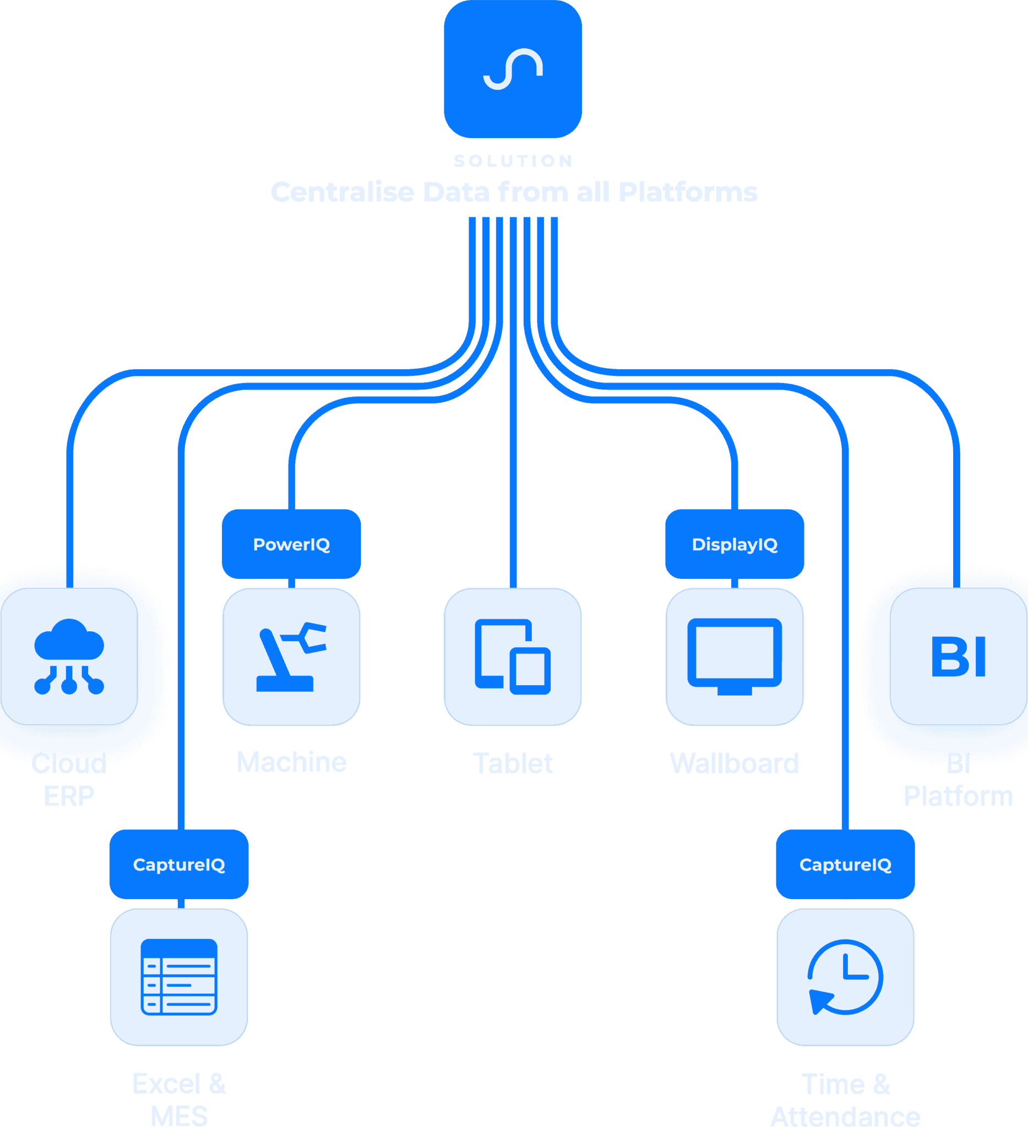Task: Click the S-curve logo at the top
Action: [513, 69]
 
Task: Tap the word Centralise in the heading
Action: [342, 192]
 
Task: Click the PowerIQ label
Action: [291, 544]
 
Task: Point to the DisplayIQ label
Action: [735, 544]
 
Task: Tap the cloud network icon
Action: [69, 656]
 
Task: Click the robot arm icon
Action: [291, 656]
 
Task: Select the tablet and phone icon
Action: [512, 656]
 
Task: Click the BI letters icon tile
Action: [958, 656]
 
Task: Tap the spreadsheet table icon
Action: [179, 977]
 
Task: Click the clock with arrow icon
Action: [845, 977]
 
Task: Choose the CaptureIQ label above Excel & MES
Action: [179, 865]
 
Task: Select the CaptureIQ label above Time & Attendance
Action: [845, 865]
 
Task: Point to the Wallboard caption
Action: [735, 764]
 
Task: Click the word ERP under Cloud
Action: [69, 796]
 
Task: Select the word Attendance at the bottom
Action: [845, 1115]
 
